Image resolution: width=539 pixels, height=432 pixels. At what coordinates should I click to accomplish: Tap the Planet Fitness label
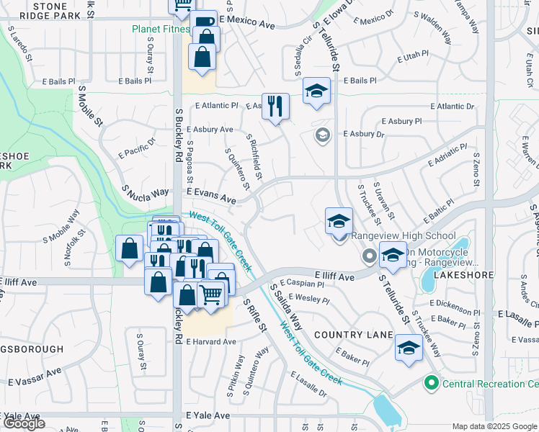[x=160, y=30]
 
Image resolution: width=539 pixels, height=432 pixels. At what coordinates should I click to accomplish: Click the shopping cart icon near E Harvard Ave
[x=210, y=294]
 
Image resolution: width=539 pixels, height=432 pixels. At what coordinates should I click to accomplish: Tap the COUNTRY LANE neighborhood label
[x=352, y=336]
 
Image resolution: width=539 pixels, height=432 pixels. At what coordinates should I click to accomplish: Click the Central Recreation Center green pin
[x=432, y=382]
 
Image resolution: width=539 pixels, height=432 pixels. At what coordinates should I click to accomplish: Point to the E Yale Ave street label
[x=208, y=416]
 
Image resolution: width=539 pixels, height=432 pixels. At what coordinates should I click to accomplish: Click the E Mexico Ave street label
[x=248, y=24]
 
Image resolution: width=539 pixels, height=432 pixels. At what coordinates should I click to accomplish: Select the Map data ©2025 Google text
[x=494, y=427]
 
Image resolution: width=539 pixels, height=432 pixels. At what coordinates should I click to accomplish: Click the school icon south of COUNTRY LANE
[x=408, y=349]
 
